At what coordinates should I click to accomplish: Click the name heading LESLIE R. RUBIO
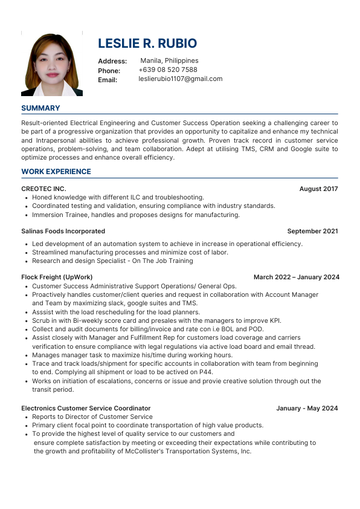point(147,44)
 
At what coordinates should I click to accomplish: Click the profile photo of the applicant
point(52,64)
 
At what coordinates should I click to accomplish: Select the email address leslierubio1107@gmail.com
point(181,79)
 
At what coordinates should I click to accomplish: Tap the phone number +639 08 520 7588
point(168,70)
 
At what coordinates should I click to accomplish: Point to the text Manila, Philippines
point(169,60)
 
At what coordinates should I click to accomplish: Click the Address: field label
point(112,61)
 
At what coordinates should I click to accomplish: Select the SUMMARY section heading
point(40,108)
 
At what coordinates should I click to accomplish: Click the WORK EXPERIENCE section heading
point(56,172)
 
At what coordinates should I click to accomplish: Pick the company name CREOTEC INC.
point(43,189)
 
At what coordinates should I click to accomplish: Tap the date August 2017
point(318,189)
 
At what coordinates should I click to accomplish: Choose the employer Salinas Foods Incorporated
point(63,231)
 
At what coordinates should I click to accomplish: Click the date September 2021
point(312,231)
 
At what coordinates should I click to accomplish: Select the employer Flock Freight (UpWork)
point(57,277)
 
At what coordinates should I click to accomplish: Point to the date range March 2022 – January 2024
point(296,277)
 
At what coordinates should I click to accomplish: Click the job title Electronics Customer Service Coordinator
point(86,408)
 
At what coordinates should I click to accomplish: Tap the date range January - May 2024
point(307,408)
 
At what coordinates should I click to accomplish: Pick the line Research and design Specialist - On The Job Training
point(112,261)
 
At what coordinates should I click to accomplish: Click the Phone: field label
point(109,71)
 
